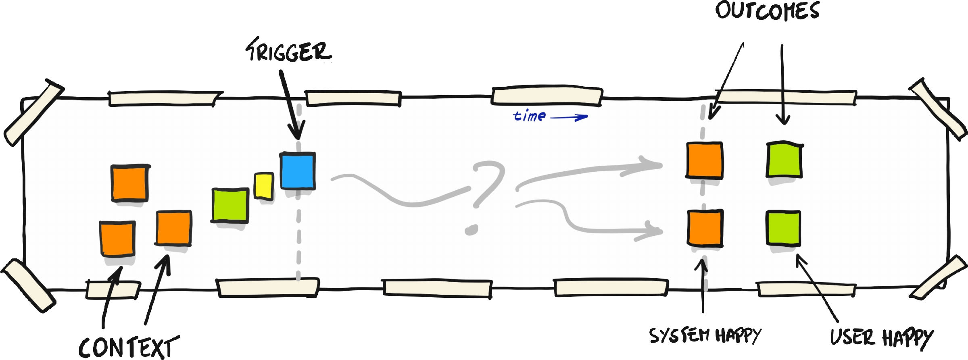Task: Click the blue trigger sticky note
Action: [x=298, y=171]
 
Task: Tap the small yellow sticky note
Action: [x=264, y=185]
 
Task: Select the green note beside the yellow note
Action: [x=230, y=205]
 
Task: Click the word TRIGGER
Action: [x=289, y=52]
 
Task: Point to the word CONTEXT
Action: [x=128, y=348]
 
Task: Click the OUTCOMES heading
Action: [x=767, y=11]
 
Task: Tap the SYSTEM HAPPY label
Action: [x=705, y=335]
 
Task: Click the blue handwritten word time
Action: [x=530, y=116]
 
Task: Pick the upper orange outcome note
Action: [x=704, y=160]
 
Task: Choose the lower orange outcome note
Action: [x=705, y=228]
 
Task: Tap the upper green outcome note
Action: [x=784, y=159]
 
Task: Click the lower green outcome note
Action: [x=783, y=228]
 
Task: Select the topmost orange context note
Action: [x=129, y=183]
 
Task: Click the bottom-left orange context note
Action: [x=117, y=238]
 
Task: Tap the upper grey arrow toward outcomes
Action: [x=589, y=171]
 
